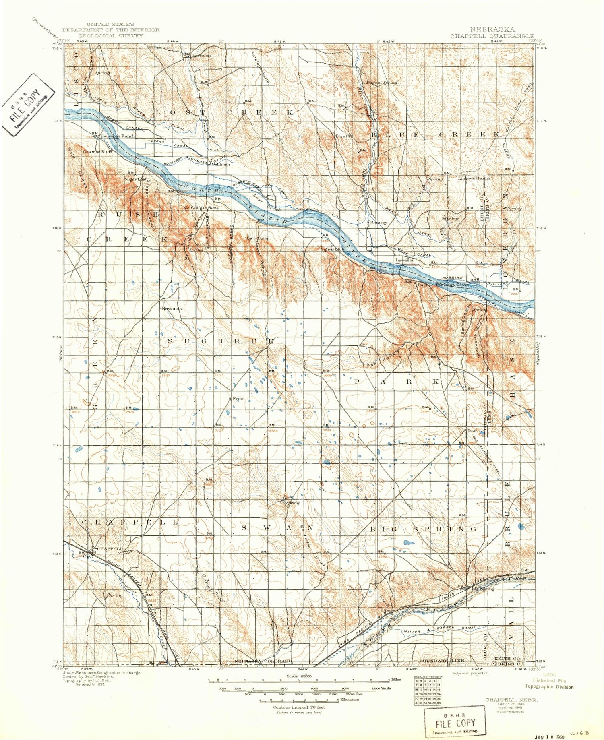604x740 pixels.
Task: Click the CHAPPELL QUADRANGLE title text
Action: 492,36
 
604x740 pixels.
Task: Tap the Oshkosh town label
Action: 221,164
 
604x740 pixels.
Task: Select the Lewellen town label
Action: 405,260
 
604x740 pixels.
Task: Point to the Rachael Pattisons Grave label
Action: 443,285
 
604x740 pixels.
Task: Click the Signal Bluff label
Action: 333,249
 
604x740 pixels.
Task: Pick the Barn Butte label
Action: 258,238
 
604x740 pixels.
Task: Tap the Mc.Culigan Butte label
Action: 201,208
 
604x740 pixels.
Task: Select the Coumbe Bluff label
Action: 97,152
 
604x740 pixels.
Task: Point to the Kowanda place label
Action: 172,308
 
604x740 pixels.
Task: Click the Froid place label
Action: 238,399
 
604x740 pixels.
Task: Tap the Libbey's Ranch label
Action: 474,178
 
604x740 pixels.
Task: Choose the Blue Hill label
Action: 344,136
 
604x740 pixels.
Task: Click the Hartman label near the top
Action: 201,55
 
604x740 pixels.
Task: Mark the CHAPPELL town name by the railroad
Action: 109,549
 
